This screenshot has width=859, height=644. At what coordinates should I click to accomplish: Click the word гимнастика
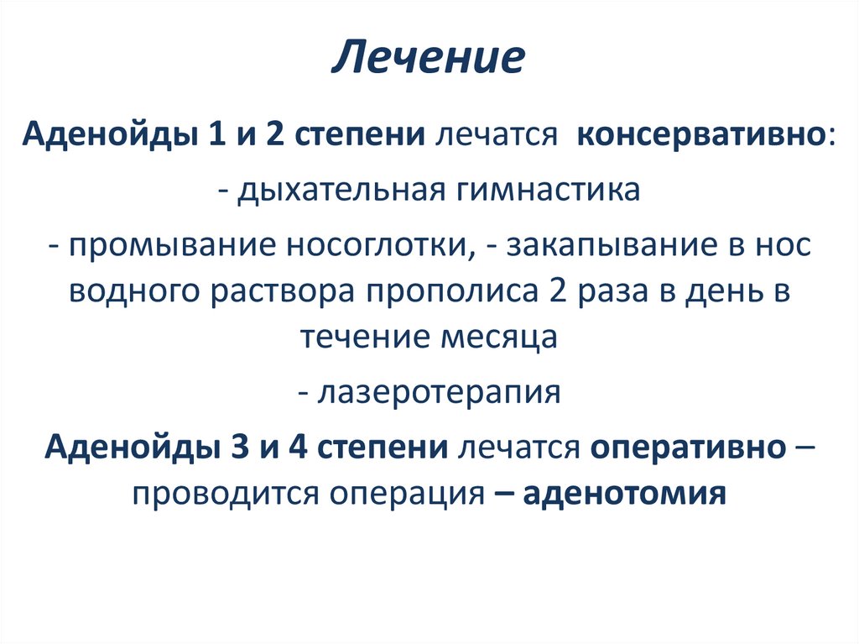click(548, 189)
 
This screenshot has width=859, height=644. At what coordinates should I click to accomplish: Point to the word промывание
click(174, 245)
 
